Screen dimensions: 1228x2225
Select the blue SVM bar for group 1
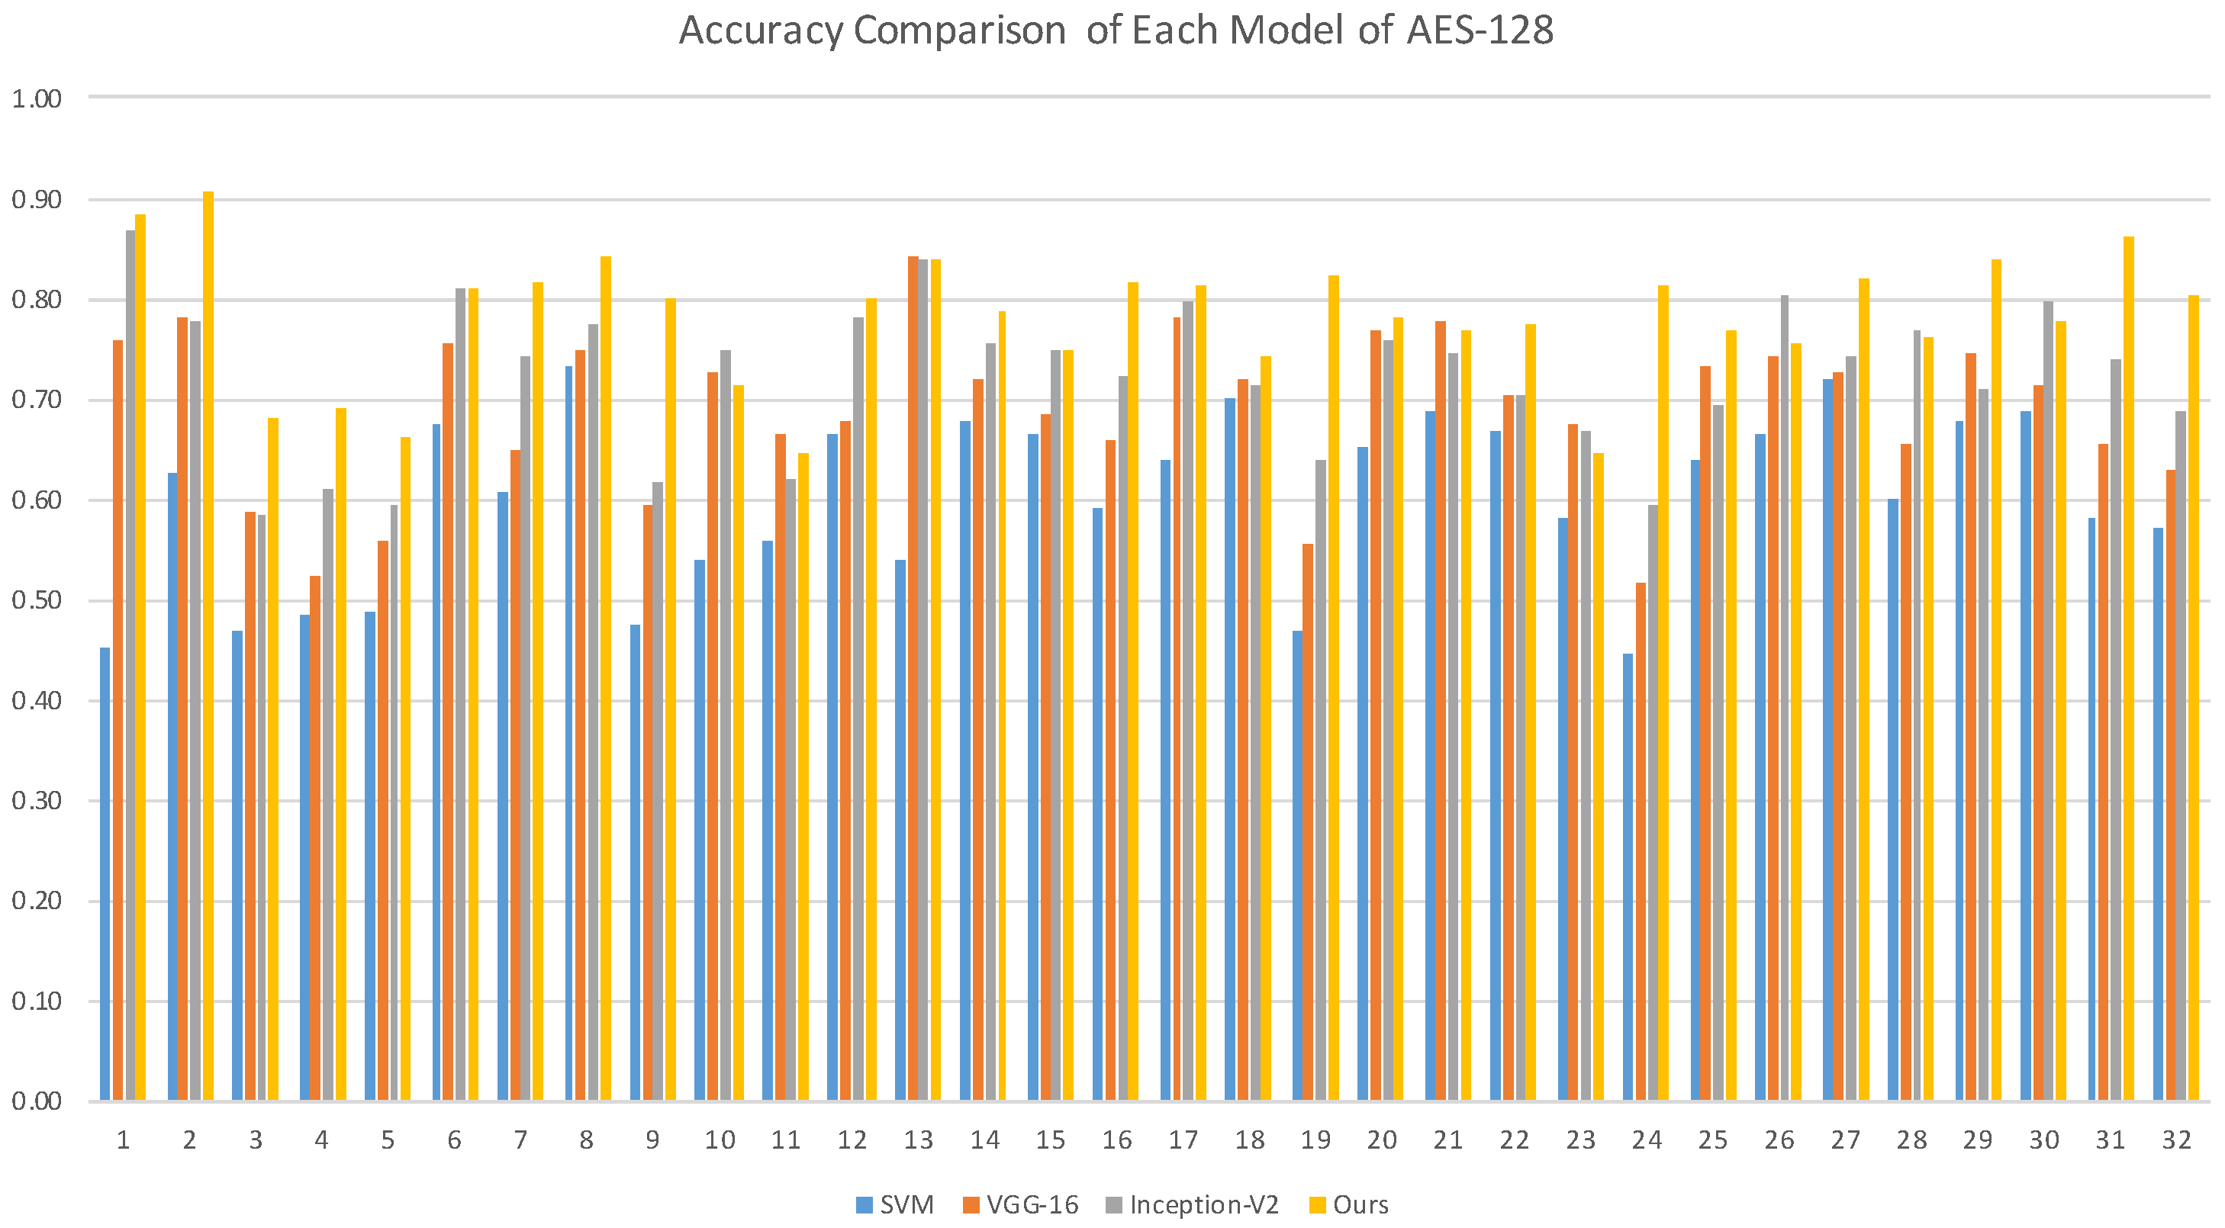coord(105,873)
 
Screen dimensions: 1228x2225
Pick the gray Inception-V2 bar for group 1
coord(130,665)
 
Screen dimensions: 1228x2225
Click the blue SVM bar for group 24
coord(1628,876)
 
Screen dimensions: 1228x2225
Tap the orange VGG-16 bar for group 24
coord(1641,842)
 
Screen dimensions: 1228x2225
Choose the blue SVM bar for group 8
coord(569,733)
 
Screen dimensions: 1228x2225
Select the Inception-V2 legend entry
coord(1192,1204)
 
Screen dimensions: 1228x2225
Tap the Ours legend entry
coord(1349,1204)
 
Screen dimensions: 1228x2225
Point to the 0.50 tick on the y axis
coord(37,601)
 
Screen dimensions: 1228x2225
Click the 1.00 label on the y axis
coord(37,98)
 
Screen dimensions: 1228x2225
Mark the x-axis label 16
coord(1117,1140)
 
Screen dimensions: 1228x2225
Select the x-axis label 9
coord(652,1140)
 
